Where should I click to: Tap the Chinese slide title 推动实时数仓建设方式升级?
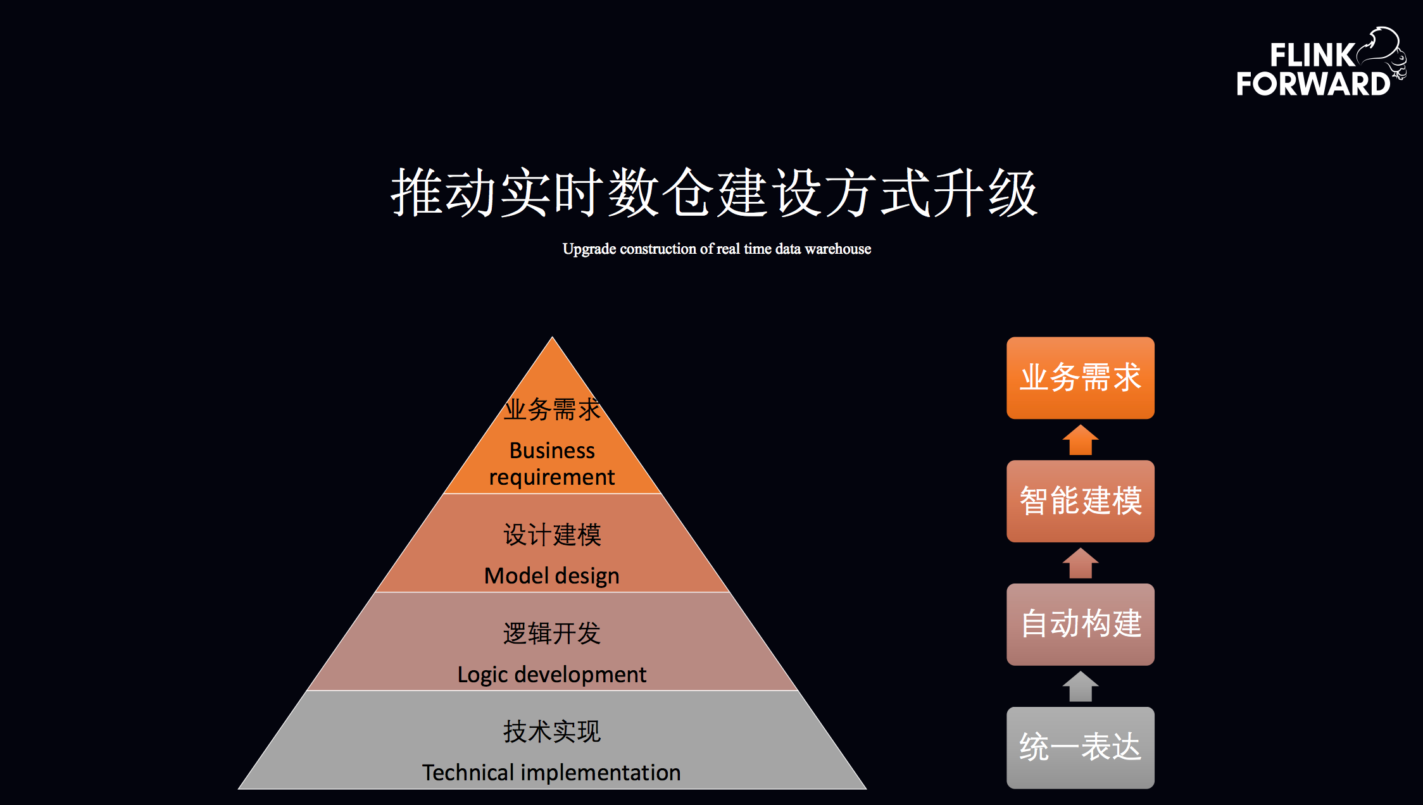[x=714, y=193]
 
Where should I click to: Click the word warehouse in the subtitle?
[x=837, y=249]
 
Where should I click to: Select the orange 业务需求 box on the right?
[x=1080, y=378]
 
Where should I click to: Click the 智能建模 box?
[x=1080, y=501]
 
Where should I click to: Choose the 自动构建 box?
[x=1080, y=624]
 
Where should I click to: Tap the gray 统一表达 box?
[x=1080, y=747]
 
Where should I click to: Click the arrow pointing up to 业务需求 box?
[x=1080, y=440]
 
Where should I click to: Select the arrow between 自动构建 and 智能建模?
[x=1080, y=563]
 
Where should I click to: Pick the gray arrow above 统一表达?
[x=1080, y=687]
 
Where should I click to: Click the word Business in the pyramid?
[x=552, y=451]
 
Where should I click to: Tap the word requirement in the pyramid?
[x=552, y=477]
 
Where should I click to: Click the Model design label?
[x=552, y=576]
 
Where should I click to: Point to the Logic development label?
[x=552, y=675]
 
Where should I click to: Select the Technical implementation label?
[x=552, y=773]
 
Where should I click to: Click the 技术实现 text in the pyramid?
[x=552, y=732]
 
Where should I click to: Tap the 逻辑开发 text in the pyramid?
[x=552, y=633]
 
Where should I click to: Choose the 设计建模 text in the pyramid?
[x=552, y=535]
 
